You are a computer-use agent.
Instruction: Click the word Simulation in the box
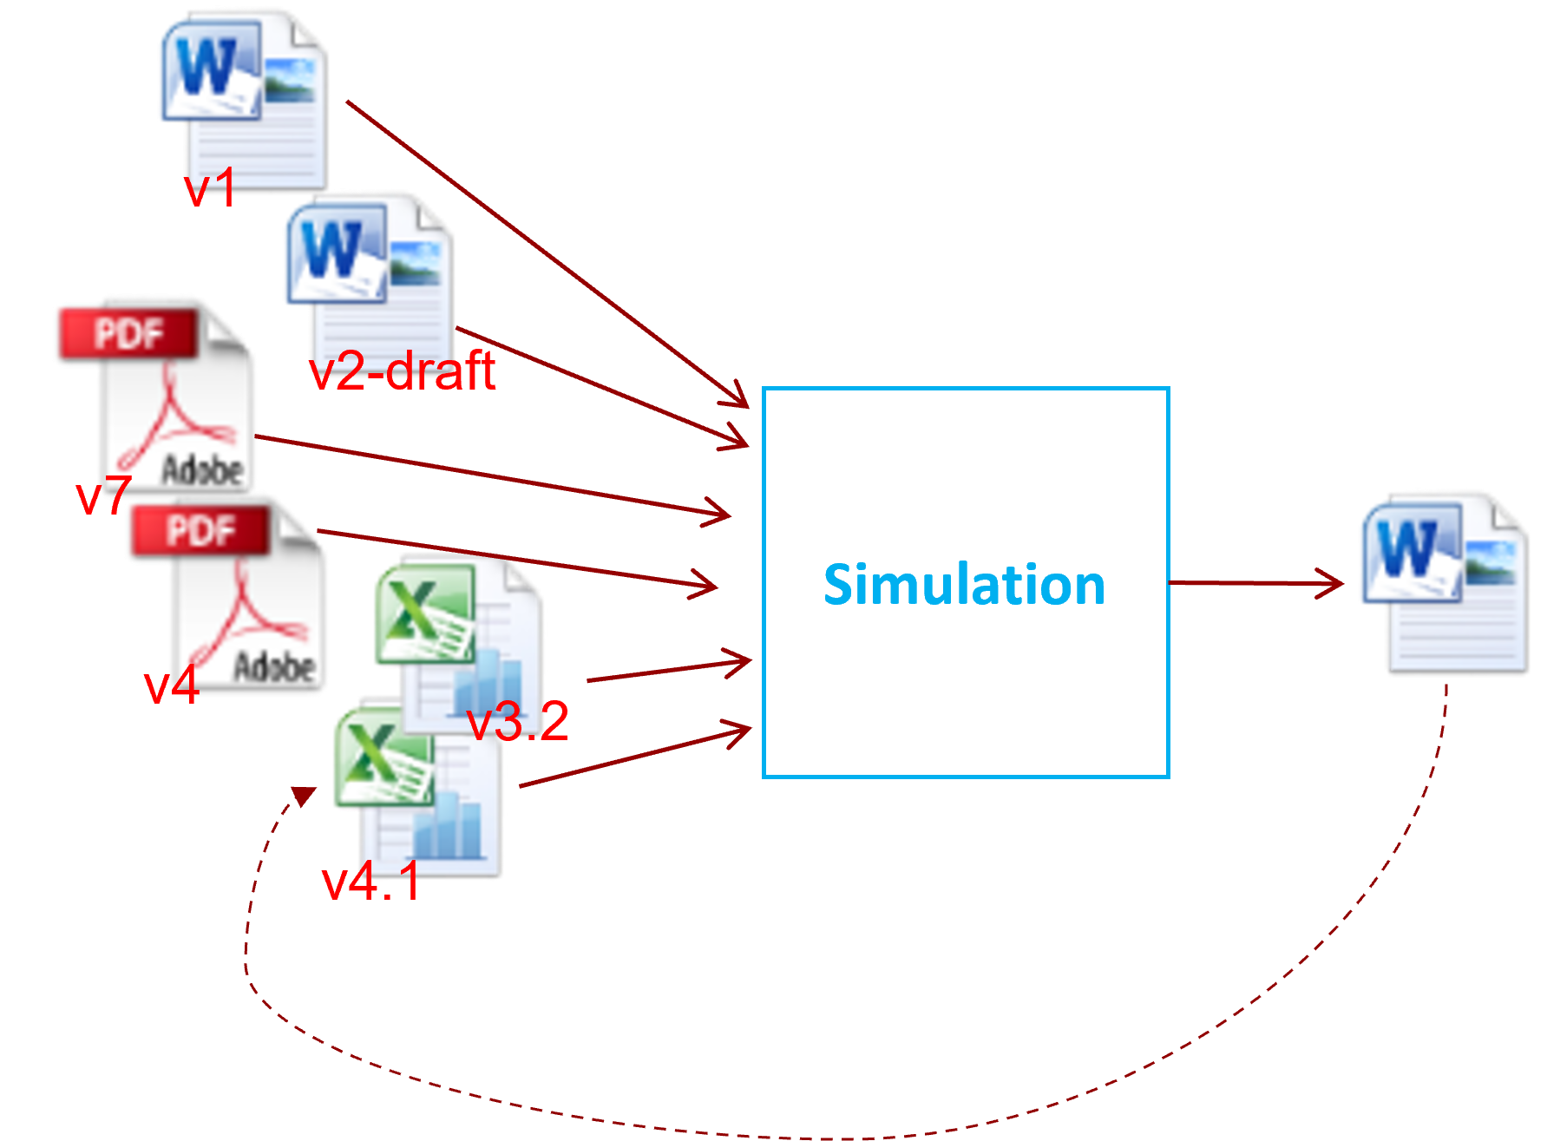(964, 585)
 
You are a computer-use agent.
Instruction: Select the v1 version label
(210, 187)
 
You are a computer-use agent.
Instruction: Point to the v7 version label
(103, 495)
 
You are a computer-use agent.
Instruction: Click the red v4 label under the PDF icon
(171, 685)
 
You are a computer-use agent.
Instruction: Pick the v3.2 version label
(518, 721)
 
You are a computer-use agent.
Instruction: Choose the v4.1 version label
(371, 882)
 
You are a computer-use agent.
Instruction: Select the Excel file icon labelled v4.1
(420, 790)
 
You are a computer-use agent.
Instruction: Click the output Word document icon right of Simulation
(1445, 581)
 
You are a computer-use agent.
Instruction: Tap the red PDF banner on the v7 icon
(127, 334)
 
